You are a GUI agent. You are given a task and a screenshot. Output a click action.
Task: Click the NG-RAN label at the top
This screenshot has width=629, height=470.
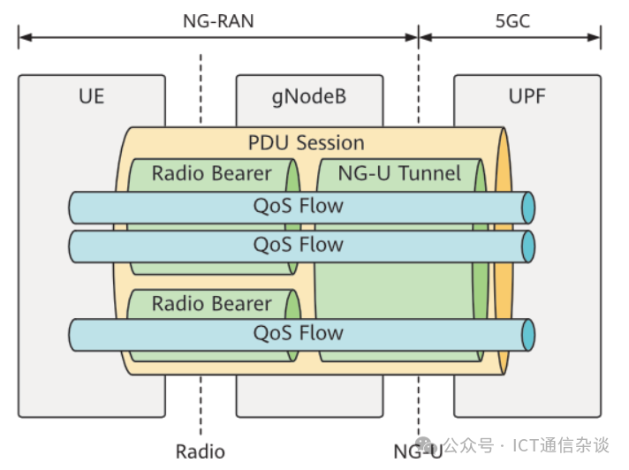click(217, 19)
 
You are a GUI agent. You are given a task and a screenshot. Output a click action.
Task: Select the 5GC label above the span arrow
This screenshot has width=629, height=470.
click(512, 19)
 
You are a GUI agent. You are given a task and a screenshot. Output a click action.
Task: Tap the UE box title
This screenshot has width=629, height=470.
click(91, 95)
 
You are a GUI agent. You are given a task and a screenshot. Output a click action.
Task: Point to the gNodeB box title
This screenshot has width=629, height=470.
click(309, 95)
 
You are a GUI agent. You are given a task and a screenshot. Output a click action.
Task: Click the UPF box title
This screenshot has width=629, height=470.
click(527, 95)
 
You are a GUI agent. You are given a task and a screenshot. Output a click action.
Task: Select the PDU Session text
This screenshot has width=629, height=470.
click(306, 142)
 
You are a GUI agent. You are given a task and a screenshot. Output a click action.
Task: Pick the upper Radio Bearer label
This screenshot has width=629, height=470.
click(211, 173)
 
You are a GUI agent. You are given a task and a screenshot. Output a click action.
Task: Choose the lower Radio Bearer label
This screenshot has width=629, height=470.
click(211, 304)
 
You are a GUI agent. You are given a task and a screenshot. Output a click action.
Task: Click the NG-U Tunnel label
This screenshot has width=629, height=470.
click(399, 173)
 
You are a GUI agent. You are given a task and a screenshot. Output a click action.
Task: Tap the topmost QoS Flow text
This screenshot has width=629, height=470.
click(298, 208)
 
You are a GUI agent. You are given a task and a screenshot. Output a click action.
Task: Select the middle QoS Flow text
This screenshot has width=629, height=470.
click(298, 245)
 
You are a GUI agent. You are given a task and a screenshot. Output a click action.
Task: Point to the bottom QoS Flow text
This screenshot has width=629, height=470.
click(298, 333)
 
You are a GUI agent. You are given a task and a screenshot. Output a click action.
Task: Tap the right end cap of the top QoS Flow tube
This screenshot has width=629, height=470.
click(528, 208)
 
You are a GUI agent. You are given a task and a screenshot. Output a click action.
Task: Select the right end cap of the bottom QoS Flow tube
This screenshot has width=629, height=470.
click(528, 334)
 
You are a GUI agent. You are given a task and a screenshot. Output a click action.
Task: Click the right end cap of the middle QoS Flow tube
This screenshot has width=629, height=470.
click(528, 245)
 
